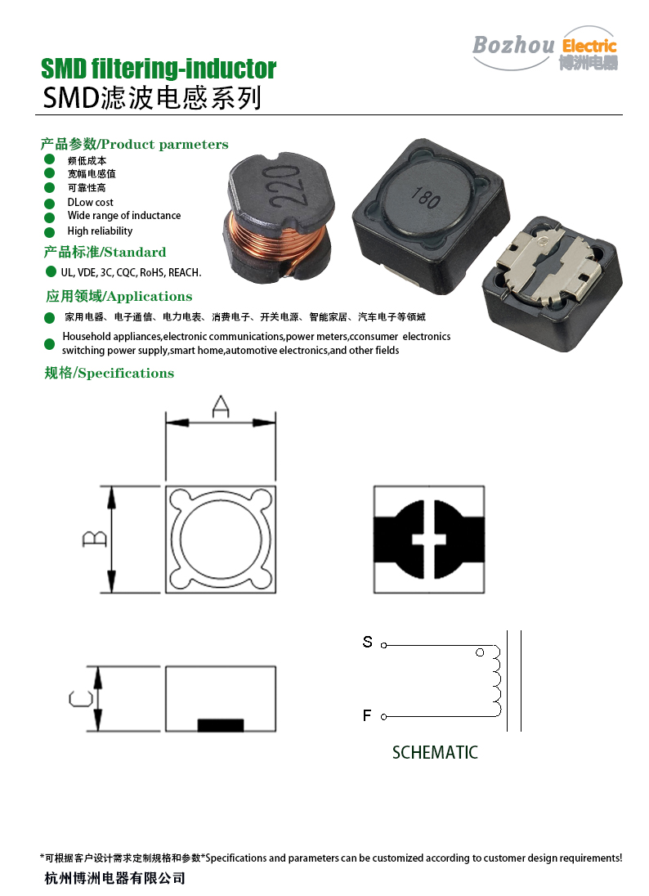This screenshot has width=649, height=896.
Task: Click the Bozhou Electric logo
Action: (545, 48)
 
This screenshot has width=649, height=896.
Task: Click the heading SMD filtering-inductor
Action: (159, 69)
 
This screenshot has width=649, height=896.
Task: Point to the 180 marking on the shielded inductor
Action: (425, 197)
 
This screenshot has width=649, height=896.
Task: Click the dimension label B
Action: (94, 538)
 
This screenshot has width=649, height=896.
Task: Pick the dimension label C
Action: (81, 698)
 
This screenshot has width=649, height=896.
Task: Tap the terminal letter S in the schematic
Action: (367, 642)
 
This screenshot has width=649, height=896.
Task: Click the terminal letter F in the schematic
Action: (367, 715)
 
